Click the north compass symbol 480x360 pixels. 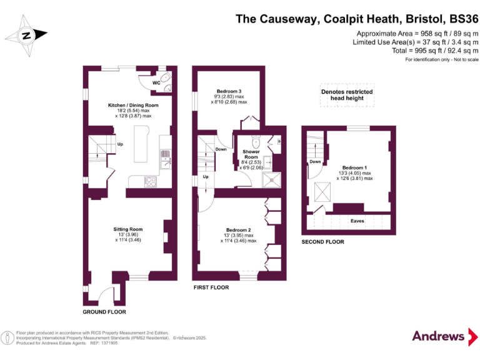26,36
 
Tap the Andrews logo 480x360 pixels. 439,336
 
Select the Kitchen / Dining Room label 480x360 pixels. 133,105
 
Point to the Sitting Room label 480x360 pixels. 128,229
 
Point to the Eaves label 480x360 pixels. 357,221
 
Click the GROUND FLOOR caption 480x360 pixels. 104,311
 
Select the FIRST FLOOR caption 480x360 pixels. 211,287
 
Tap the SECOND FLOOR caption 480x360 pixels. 322,241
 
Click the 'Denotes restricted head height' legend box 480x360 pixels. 347,95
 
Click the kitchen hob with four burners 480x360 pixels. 151,182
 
